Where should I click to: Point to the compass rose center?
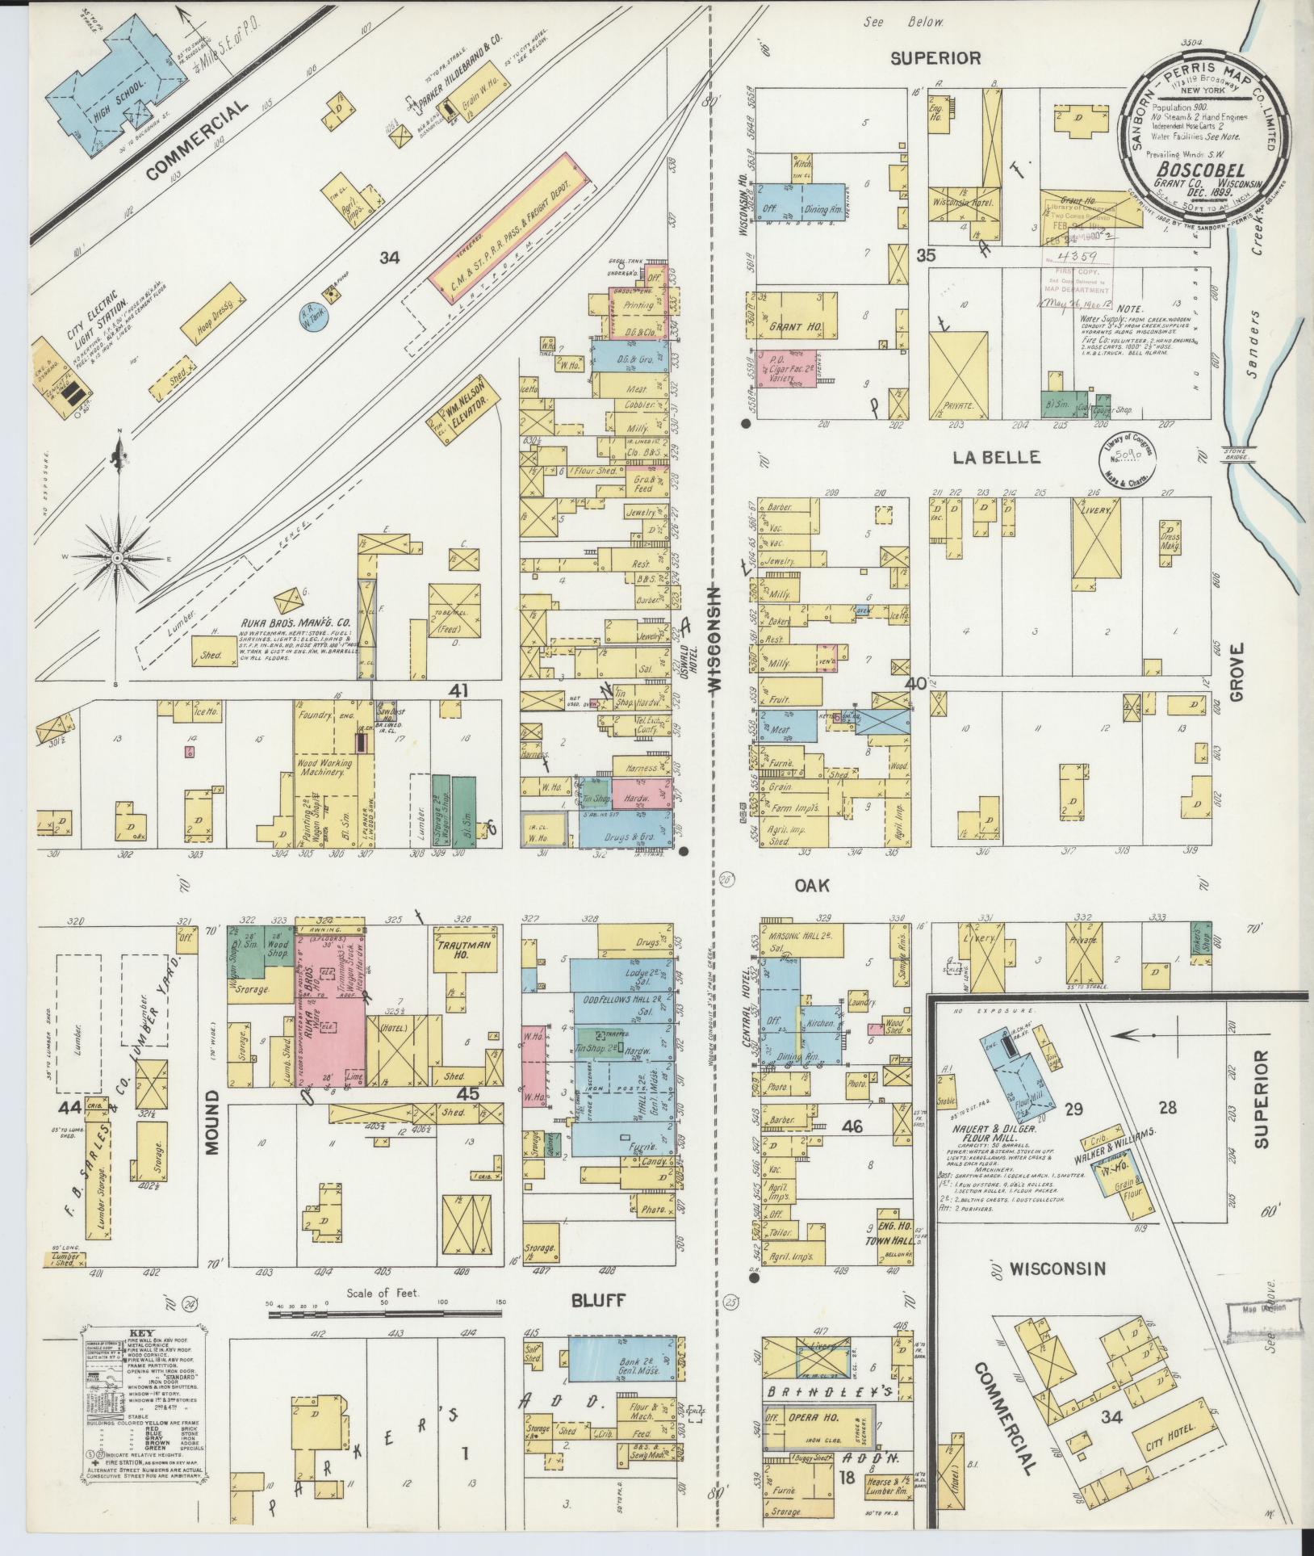pyautogui.click(x=118, y=558)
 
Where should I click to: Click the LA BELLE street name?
pyautogui.click(x=995, y=458)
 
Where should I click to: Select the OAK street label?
pyautogui.click(x=812, y=886)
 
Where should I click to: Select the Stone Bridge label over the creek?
pyautogui.click(x=1237, y=453)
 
